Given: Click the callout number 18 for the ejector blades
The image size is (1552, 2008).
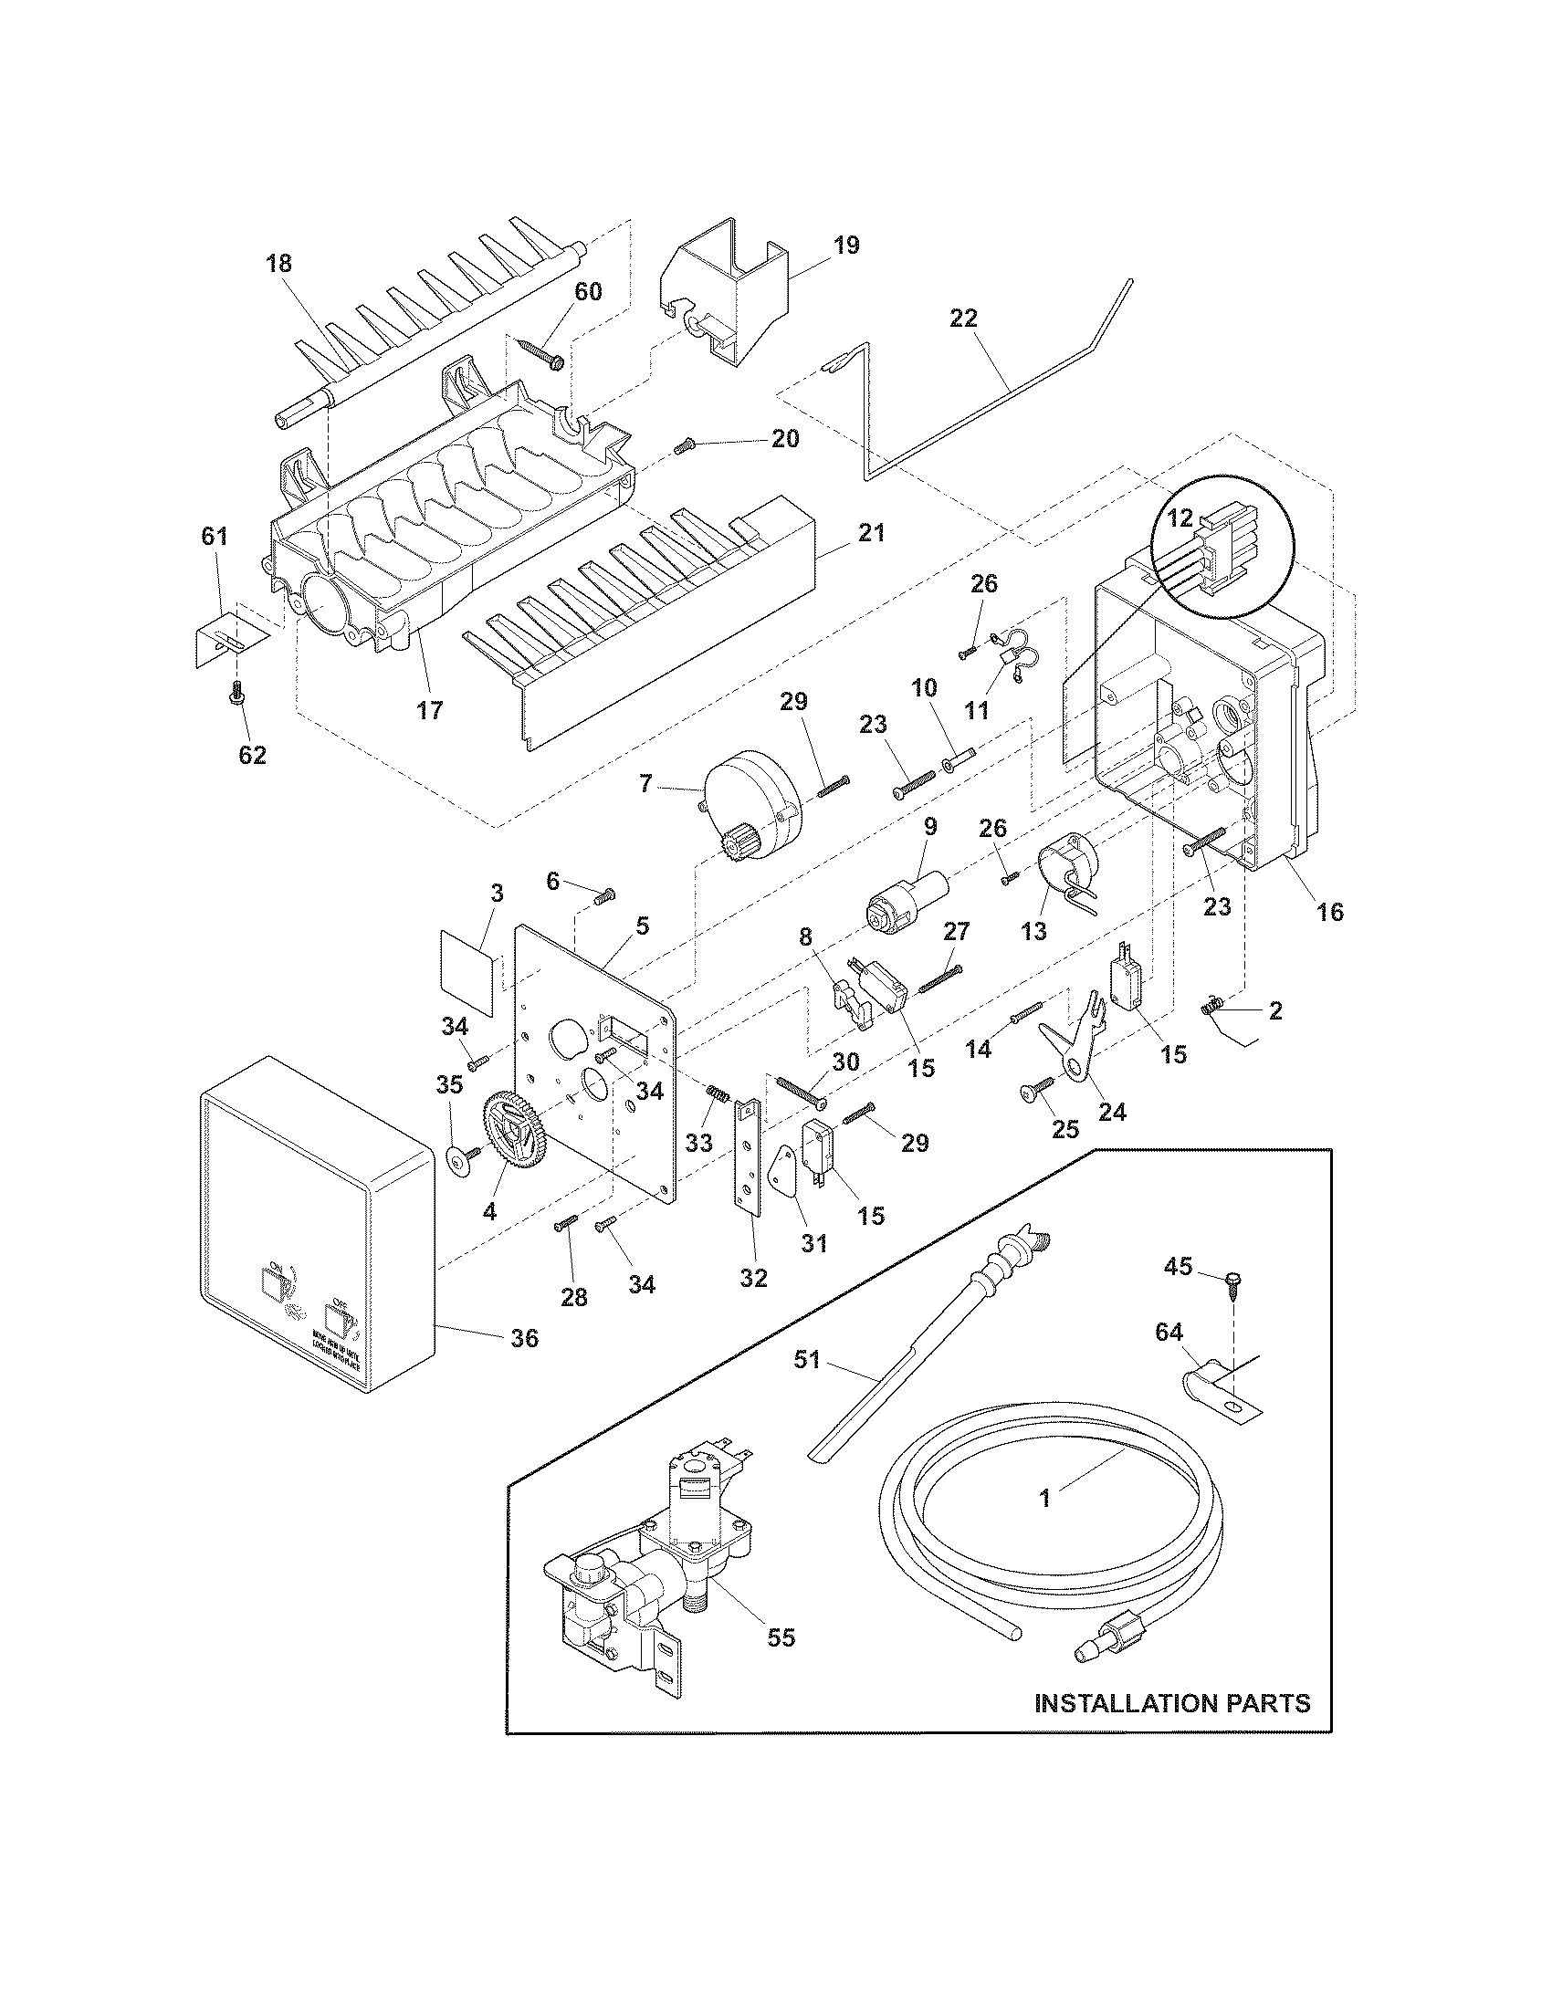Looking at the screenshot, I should (278, 264).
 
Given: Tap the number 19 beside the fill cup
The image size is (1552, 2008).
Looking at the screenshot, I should (847, 246).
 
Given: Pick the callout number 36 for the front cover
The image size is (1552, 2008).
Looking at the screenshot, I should (524, 1338).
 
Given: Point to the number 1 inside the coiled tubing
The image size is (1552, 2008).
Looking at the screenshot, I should (1044, 1499).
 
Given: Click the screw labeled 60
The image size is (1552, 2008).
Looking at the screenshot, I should (541, 352).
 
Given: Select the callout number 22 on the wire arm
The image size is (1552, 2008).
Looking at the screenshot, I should (964, 319).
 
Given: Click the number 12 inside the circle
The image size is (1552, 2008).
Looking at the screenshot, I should (1180, 518).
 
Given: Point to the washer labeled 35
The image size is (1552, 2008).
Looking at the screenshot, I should (457, 1160).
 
